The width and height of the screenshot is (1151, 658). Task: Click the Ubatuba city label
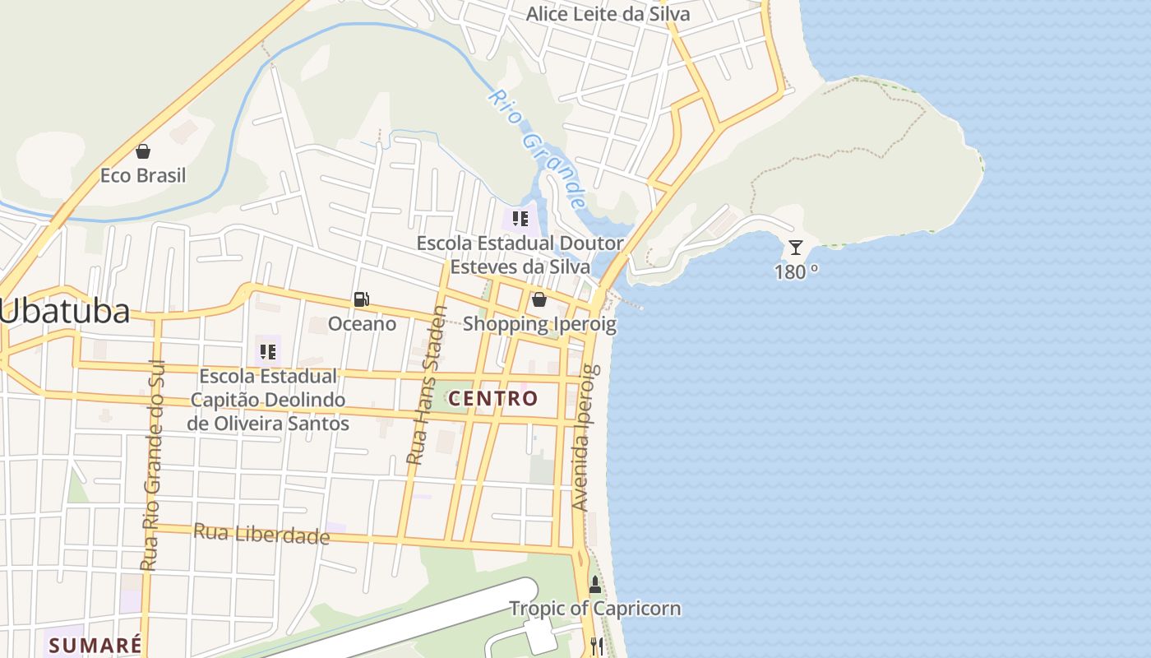click(x=65, y=312)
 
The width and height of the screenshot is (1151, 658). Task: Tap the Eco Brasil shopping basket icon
click(x=143, y=151)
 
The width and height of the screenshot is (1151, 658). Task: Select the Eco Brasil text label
click(x=143, y=175)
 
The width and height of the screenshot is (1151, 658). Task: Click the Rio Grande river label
click(x=537, y=148)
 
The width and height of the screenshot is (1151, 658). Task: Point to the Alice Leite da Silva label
click(x=608, y=14)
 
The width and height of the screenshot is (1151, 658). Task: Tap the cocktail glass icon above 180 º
click(x=795, y=247)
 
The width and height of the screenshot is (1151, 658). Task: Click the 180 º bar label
click(x=796, y=271)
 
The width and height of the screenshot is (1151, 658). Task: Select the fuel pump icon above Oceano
click(x=361, y=299)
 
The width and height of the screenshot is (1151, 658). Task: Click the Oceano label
click(x=362, y=324)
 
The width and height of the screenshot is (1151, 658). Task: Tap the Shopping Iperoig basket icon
click(x=539, y=299)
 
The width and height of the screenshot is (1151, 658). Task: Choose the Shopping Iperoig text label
click(x=539, y=324)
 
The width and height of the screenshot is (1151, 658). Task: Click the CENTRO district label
click(x=493, y=399)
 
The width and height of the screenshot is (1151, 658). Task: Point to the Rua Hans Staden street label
click(x=428, y=385)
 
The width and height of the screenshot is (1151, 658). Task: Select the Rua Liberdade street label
click(x=261, y=534)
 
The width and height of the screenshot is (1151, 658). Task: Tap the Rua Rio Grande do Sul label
click(x=154, y=466)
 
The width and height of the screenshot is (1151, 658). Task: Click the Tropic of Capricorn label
click(x=595, y=609)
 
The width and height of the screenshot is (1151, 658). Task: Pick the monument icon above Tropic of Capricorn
click(x=595, y=586)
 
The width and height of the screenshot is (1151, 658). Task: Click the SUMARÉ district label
click(x=95, y=644)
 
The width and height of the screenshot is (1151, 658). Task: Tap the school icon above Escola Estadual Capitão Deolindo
click(x=268, y=352)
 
